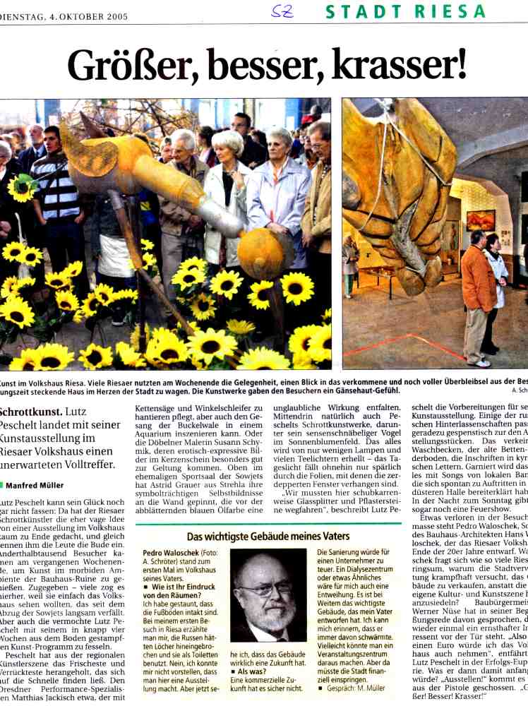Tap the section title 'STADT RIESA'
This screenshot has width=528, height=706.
[x=405, y=11]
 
